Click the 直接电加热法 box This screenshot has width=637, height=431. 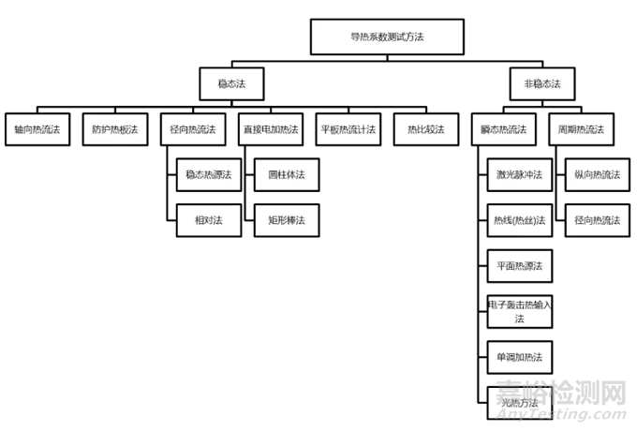[x=272, y=128]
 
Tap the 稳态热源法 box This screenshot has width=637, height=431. [x=208, y=174]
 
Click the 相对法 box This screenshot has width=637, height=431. [x=208, y=220]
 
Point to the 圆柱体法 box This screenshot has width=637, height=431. [x=287, y=174]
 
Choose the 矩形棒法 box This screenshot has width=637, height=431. [x=287, y=220]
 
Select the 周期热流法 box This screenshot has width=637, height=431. [x=582, y=128]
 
